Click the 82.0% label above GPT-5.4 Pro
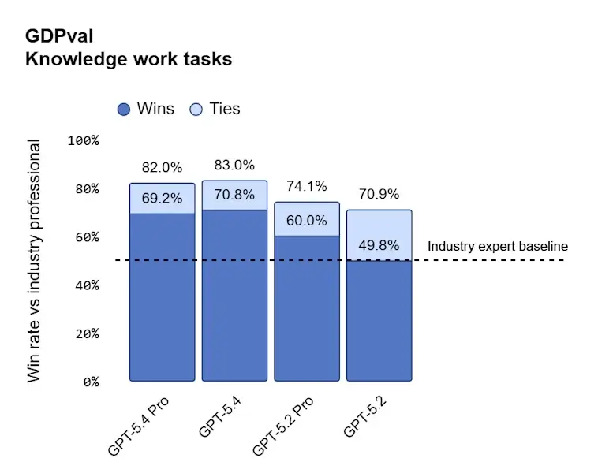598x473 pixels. pos(162,167)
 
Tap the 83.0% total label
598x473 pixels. pos(234,166)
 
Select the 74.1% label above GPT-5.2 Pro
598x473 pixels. pos(306,187)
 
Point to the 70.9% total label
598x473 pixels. pos(379,194)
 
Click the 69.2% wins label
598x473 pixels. pos(162,199)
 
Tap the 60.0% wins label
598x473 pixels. pos(306,221)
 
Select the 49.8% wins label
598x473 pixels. pos(379,245)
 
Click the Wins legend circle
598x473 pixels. pos(124,110)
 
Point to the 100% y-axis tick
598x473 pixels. pos(84,140)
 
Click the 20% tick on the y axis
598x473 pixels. pos(87,333)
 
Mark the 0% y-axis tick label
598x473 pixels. pos(90,382)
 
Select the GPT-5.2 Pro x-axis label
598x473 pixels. pos(284,426)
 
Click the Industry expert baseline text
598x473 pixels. pos(497,246)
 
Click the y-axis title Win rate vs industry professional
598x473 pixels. pos(34,261)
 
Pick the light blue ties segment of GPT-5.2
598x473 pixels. pos(379,229)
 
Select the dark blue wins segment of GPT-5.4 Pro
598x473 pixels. pos(162,300)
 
